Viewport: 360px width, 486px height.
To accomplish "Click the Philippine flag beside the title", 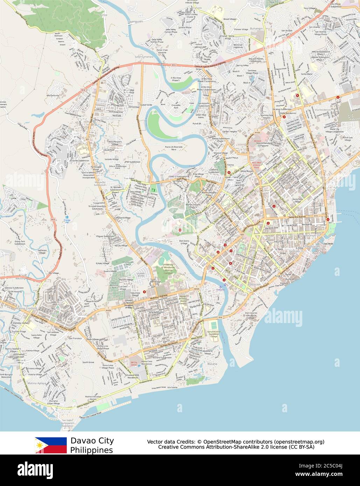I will pos(51,445).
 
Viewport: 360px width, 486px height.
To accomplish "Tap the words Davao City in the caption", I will pos(92,441).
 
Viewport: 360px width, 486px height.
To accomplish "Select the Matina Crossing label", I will pos(26,308).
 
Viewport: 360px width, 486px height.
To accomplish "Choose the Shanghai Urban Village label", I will pos(54,402).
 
